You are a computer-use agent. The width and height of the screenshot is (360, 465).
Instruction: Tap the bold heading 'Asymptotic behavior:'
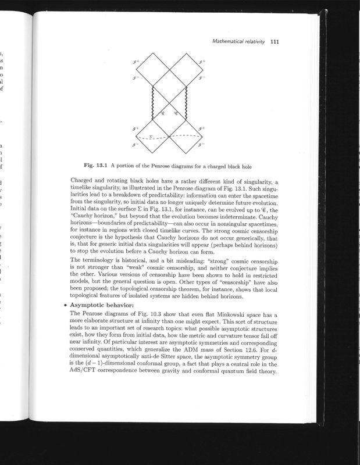pos(102,305)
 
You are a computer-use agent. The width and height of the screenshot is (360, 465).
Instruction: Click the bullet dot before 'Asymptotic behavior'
pos(65,305)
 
